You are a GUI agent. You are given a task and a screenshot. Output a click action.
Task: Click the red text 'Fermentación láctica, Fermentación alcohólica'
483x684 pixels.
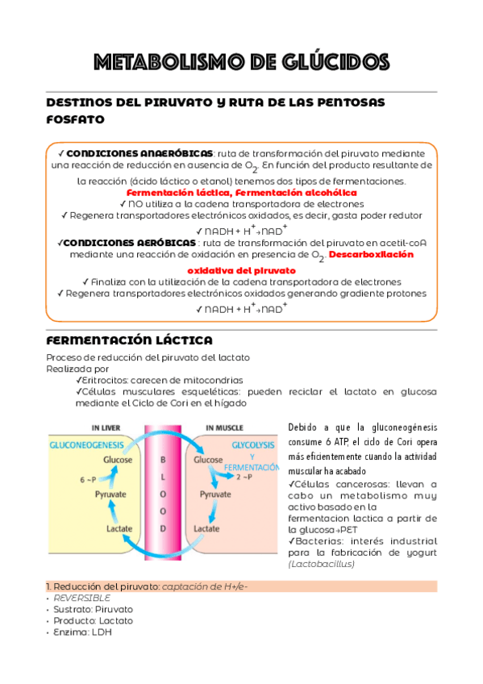click(x=242, y=193)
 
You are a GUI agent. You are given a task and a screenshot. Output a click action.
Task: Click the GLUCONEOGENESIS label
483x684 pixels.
click(x=85, y=444)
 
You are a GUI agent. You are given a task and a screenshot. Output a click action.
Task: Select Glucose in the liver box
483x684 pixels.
click(x=117, y=460)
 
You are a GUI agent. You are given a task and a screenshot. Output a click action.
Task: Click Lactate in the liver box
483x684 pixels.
click(x=119, y=528)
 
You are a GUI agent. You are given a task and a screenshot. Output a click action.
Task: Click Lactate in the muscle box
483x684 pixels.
click(x=206, y=528)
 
